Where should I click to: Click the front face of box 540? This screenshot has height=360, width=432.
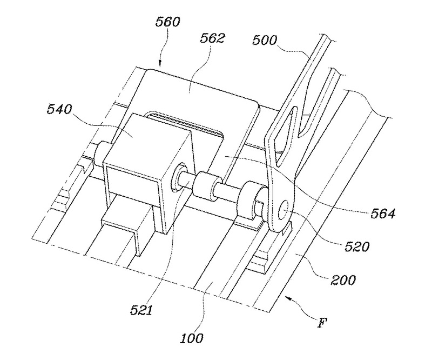[x=132, y=186]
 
